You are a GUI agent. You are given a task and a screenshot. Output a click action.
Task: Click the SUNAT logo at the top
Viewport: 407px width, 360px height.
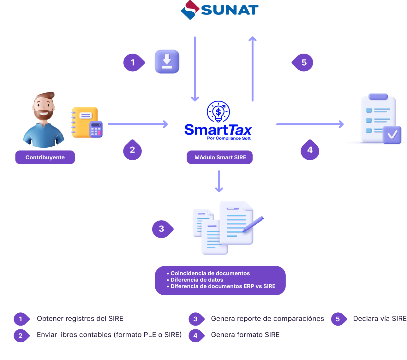[x=220, y=10]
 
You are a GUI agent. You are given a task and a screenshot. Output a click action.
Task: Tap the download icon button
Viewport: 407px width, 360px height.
[x=167, y=62]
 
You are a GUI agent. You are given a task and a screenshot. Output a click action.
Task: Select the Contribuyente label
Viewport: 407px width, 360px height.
[x=45, y=157]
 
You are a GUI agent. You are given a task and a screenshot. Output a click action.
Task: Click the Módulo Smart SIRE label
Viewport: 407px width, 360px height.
[x=220, y=157]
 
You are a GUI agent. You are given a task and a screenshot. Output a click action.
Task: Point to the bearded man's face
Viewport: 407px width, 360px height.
[x=44, y=107]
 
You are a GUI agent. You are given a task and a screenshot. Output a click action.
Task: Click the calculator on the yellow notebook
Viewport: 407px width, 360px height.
[x=96, y=129]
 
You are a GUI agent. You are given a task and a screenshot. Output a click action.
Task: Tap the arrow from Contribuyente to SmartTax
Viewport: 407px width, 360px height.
[x=138, y=124]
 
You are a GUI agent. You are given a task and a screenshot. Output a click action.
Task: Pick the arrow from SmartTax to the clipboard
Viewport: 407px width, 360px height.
[x=310, y=124]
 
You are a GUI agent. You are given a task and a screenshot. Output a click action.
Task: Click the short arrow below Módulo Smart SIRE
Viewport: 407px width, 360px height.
[x=219, y=181]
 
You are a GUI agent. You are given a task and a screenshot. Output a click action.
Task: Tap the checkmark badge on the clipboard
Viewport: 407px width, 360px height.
[x=392, y=135]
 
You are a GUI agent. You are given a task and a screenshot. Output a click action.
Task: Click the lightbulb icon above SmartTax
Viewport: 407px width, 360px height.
[x=218, y=111]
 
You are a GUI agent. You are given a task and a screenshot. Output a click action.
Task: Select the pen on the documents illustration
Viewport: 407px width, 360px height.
[x=254, y=224]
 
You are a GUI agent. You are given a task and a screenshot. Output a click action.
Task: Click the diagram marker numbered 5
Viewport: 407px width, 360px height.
[x=303, y=62]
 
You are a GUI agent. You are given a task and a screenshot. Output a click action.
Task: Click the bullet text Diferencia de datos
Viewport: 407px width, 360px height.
[x=197, y=280]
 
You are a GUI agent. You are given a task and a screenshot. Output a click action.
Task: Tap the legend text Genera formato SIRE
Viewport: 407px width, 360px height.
[x=245, y=335]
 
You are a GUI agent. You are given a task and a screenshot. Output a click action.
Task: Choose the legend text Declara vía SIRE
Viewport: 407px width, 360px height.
[x=380, y=319]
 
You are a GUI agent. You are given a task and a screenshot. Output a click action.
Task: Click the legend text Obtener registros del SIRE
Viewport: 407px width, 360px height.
[x=80, y=319]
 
